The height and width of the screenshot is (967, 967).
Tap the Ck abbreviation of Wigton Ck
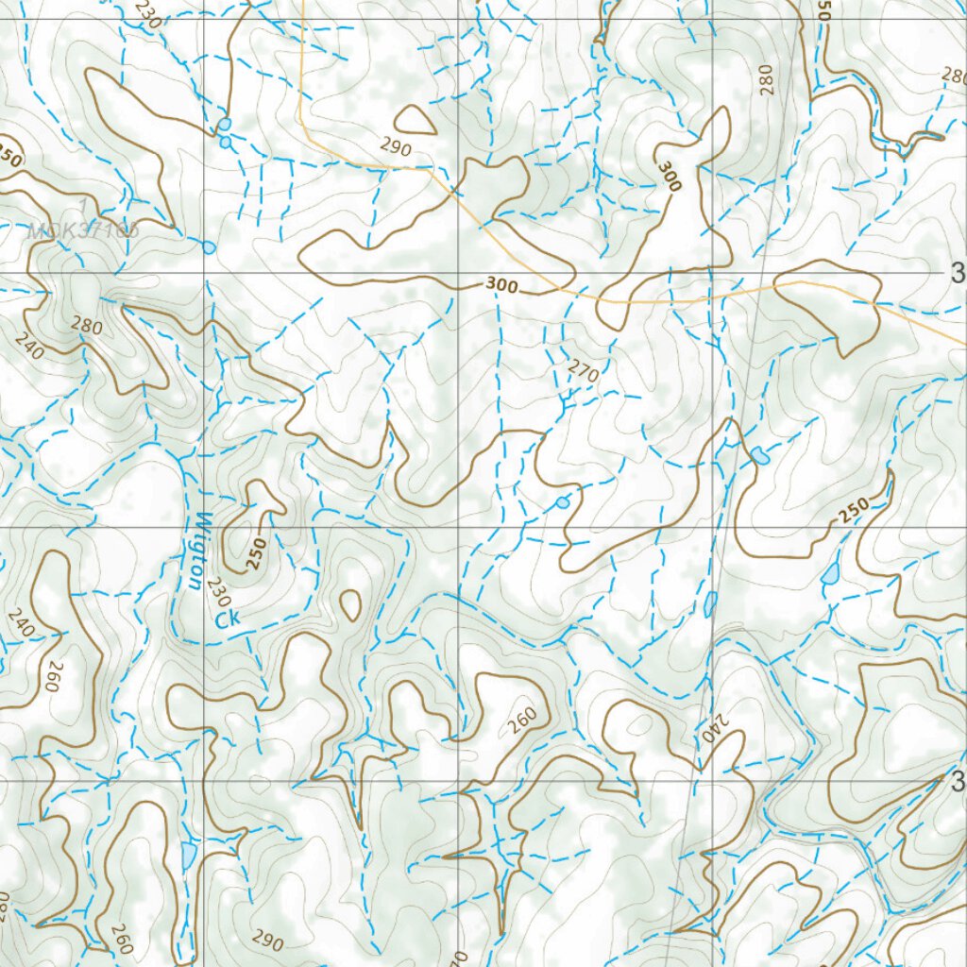tap(226, 619)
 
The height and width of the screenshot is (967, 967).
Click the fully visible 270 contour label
tap(584, 372)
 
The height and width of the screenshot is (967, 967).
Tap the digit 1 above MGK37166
tap(84, 205)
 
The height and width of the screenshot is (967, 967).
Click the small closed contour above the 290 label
tap(413, 119)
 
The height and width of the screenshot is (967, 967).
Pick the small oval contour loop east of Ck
tap(350, 605)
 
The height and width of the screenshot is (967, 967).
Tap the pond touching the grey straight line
tap(709, 603)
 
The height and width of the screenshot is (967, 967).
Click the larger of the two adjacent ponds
tap(224, 125)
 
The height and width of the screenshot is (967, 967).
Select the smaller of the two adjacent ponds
tap(226, 142)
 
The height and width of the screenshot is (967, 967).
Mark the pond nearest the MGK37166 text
tap(209, 247)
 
